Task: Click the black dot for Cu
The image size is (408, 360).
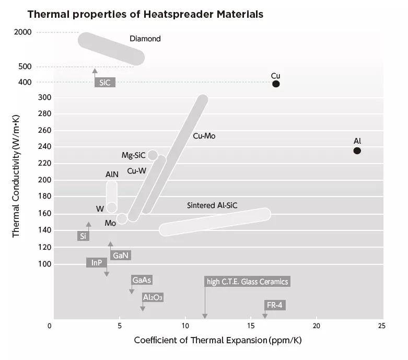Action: click(276, 84)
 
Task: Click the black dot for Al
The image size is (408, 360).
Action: click(357, 150)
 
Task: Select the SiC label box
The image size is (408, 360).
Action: click(104, 83)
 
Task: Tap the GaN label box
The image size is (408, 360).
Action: click(120, 256)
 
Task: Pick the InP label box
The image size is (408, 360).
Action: click(97, 263)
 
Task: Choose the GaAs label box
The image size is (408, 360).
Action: click(142, 280)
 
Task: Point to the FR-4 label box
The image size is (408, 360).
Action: click(276, 305)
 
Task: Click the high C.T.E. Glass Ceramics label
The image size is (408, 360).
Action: click(247, 282)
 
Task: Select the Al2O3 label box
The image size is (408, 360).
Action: click(153, 297)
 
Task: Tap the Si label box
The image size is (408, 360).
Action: click(83, 236)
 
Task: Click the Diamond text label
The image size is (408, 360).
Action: click(145, 39)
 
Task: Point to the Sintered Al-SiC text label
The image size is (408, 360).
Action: click(212, 206)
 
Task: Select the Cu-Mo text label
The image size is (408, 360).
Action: click(204, 136)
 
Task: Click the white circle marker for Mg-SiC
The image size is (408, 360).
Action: click(153, 155)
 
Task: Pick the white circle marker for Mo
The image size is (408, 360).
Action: click(122, 218)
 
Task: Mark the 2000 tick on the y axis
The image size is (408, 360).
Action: click(23, 32)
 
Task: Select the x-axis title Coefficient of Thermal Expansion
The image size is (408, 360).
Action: click(217, 340)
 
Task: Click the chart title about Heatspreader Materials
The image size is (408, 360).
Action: click(145, 14)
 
